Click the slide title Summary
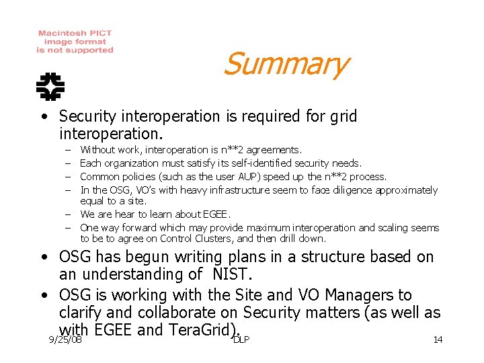(x=285, y=65)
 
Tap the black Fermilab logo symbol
(x=50, y=85)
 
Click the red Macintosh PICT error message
(x=75, y=42)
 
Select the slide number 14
(x=438, y=339)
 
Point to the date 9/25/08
(x=66, y=340)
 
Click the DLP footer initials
(x=241, y=339)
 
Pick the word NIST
(x=231, y=274)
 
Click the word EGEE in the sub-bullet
(x=216, y=214)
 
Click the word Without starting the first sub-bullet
(x=97, y=150)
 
